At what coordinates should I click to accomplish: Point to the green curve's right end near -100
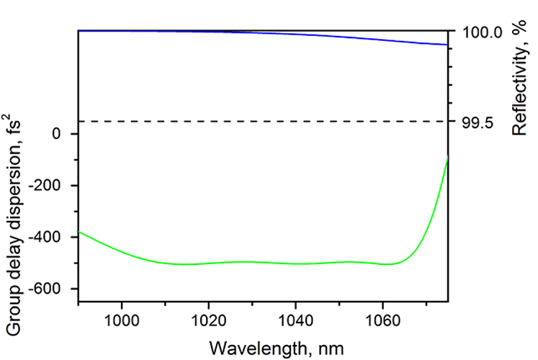pos(447,158)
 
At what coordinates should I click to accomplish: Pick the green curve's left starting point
pos(79,232)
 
